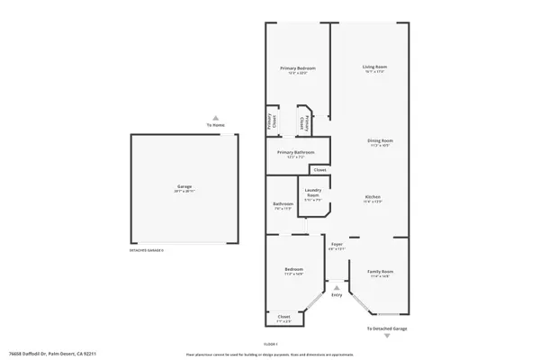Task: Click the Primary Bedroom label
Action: coord(296,68)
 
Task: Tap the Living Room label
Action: coord(374,67)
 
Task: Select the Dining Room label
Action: coord(379,140)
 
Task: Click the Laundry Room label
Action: coord(313,192)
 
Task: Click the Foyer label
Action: coord(337,244)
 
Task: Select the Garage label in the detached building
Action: coord(184,187)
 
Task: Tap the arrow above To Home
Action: coord(214,118)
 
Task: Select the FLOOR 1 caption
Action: coord(270,345)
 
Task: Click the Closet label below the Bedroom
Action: coord(283,316)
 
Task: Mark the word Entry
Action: coord(337,295)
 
